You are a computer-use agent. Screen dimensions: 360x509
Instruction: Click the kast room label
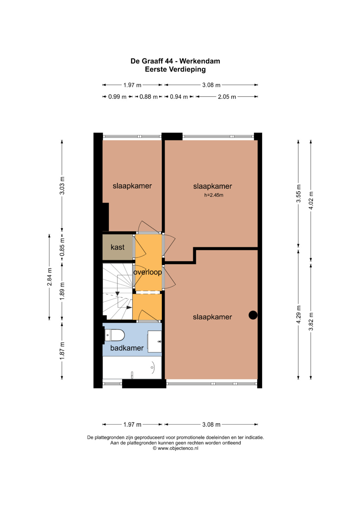[x=117, y=247]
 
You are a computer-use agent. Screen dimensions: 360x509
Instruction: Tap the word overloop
[x=147, y=272]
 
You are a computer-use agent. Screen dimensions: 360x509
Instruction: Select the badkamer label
[x=127, y=348]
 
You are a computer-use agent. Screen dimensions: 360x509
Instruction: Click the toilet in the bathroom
[x=115, y=335]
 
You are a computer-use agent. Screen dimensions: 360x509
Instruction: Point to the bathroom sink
[x=155, y=342]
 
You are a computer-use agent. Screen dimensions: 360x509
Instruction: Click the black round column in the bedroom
[x=253, y=315]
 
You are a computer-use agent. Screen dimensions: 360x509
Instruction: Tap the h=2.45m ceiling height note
[x=214, y=195]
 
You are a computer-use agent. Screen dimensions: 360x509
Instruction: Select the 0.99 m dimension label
[x=117, y=97]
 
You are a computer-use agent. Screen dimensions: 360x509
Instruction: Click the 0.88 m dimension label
[x=148, y=97]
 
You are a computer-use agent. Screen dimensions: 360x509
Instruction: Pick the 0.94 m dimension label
[x=179, y=97]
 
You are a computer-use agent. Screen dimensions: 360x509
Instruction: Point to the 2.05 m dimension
[x=227, y=97]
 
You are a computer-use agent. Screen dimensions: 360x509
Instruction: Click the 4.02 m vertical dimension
[x=311, y=201]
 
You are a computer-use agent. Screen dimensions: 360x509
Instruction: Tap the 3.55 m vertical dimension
[x=298, y=193]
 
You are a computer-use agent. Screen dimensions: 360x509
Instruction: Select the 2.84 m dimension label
[x=49, y=277]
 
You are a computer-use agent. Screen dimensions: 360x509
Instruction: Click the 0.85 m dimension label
[x=62, y=247]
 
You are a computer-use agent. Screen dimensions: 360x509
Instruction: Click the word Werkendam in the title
[x=200, y=61]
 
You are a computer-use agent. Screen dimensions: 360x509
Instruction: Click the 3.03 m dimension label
[x=62, y=185]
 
